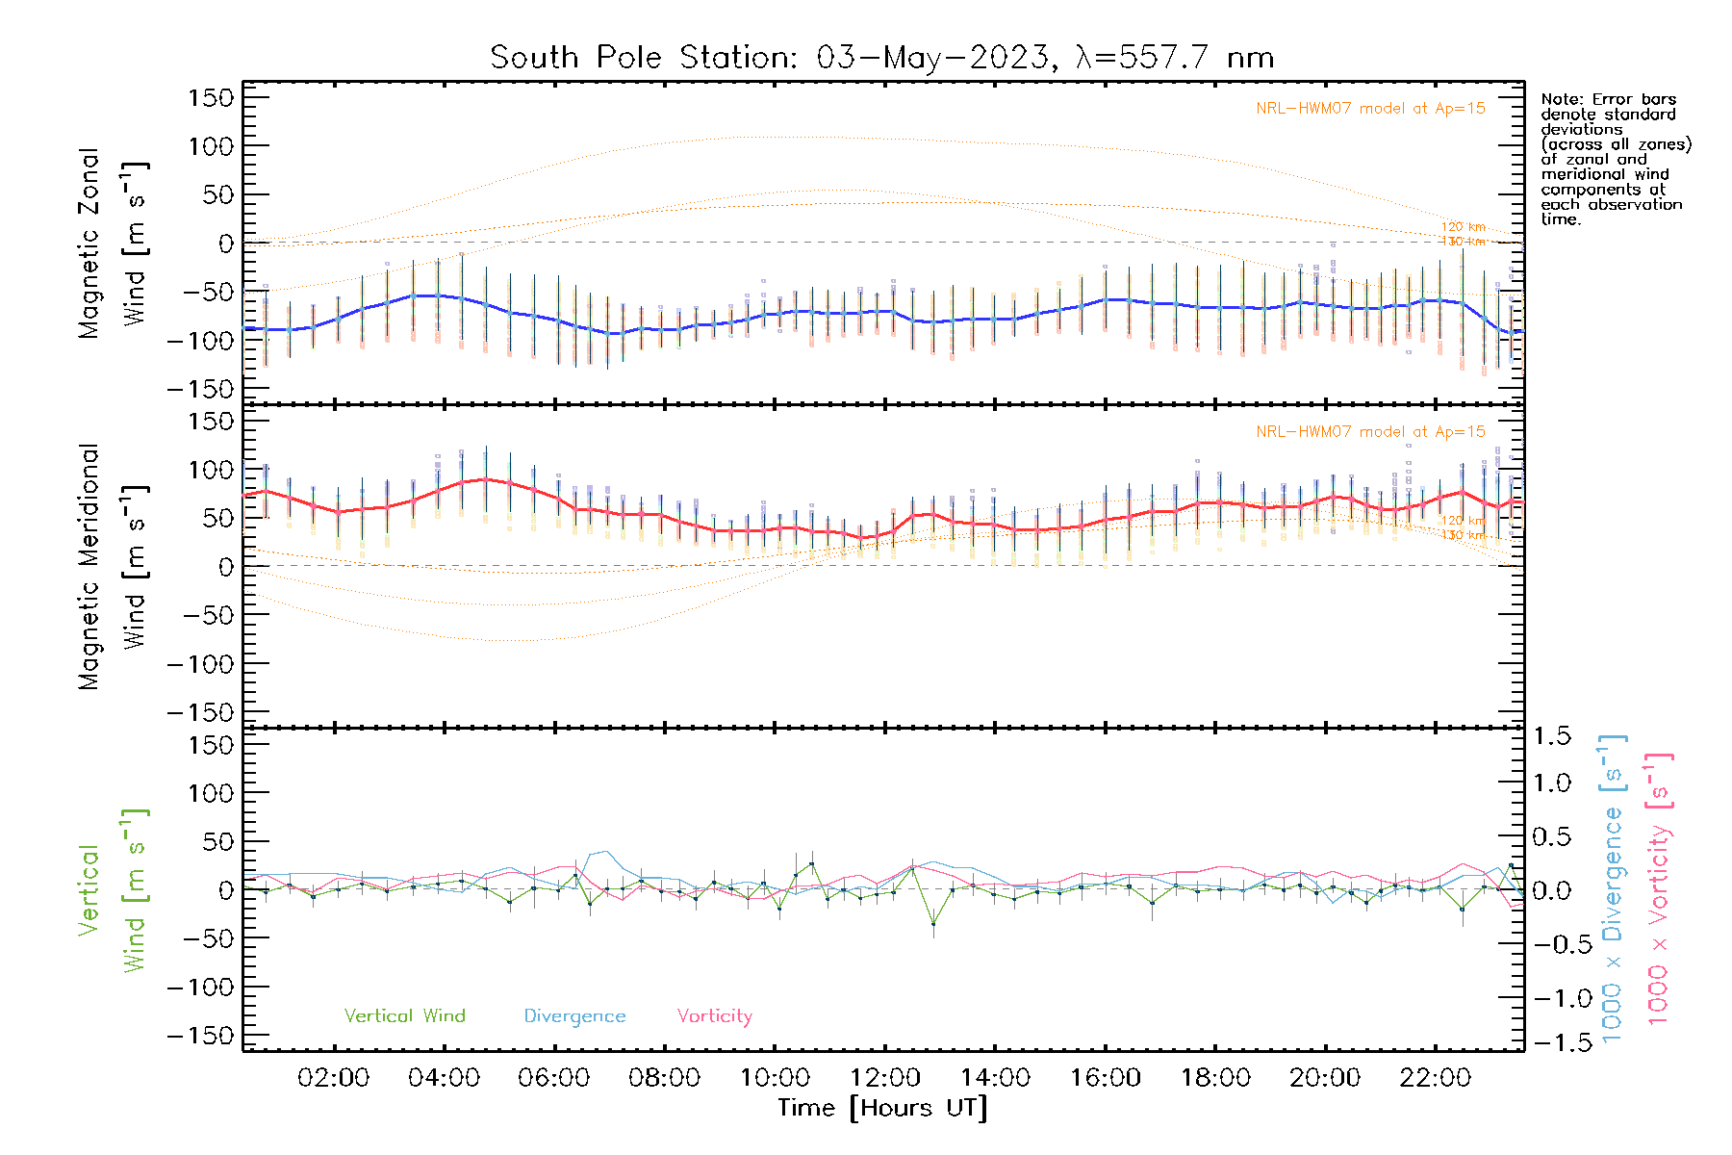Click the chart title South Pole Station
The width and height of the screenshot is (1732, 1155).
coord(881,58)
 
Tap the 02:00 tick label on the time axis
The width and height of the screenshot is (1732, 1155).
coord(333,1078)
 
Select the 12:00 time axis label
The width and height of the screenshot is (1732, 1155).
coord(884,1078)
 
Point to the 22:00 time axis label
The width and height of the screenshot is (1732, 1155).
coord(1435,1078)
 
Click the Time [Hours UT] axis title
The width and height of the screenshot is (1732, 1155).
coord(882,1108)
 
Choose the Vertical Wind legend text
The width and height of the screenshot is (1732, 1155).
coord(404,1016)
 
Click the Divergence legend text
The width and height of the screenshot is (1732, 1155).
coord(574,1016)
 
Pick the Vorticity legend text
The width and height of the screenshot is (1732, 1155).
coord(714,1016)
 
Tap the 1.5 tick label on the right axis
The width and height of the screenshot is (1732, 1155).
coord(1552,736)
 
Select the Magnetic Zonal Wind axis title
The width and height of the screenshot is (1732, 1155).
coord(114,244)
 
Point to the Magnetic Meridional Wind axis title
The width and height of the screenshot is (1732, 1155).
coord(114,567)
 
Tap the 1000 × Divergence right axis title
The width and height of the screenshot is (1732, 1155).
coord(1613,889)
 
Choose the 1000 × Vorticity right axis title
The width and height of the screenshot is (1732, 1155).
coord(1658,889)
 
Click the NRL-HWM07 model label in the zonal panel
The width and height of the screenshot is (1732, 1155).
coord(1370,109)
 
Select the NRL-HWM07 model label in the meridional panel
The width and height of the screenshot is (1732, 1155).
coord(1370,432)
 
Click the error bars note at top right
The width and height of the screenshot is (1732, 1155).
coord(1615,159)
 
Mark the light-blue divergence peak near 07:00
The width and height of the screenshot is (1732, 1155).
coord(603,851)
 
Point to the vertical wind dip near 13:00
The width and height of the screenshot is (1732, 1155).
coord(932,924)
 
